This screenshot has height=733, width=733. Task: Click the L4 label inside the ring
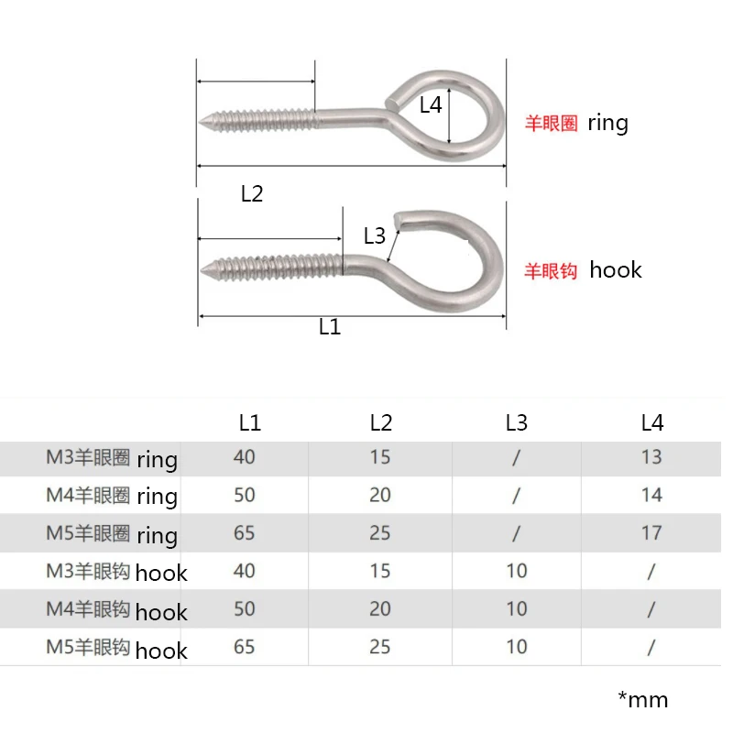[431, 104]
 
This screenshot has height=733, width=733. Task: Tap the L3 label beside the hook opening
[375, 235]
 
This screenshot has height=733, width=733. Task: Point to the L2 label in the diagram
[252, 193]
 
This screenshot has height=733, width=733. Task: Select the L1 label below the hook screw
[330, 327]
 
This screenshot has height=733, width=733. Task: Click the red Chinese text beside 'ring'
[552, 124]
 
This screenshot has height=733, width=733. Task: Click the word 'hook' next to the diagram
[616, 269]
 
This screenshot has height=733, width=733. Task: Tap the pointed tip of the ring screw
[200, 122]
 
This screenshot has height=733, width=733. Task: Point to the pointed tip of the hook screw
[202, 270]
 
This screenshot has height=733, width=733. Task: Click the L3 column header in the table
[517, 422]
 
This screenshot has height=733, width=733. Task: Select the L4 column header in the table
[652, 422]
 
